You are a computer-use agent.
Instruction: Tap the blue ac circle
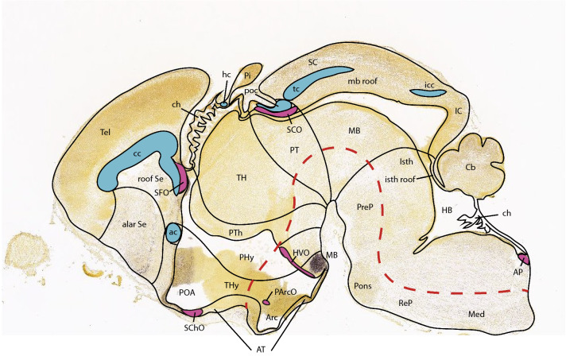(x=174, y=233)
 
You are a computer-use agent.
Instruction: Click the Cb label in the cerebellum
(x=471, y=168)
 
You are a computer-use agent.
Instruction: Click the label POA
(x=188, y=292)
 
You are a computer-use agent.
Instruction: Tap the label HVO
(x=301, y=252)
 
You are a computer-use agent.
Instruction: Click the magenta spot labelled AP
(x=523, y=257)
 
